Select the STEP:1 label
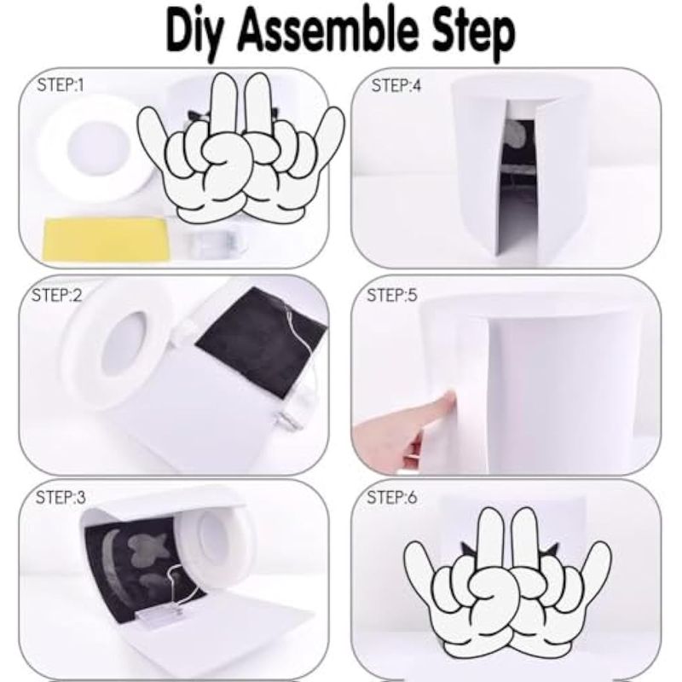[x=61, y=84]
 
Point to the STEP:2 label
[x=57, y=295]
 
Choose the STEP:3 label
[x=61, y=497]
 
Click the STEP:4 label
[x=396, y=85]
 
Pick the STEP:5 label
[x=392, y=295]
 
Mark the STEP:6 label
[x=392, y=497]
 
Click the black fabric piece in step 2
[x=261, y=340]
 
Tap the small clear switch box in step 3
[x=158, y=616]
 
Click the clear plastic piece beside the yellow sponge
[x=213, y=243]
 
